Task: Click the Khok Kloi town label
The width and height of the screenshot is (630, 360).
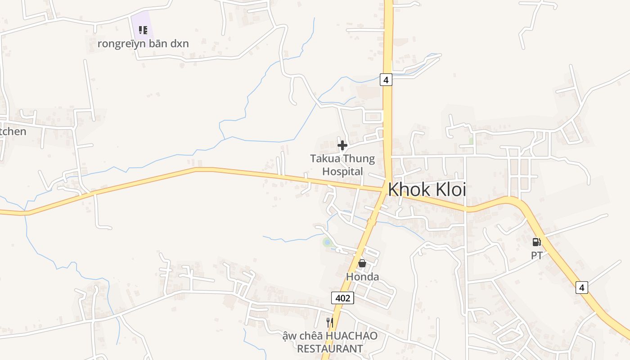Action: [x=427, y=189]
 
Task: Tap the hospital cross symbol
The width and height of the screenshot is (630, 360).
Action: [x=342, y=145]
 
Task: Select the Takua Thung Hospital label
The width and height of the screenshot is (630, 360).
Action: [x=342, y=165]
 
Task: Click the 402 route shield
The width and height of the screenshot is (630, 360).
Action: [x=342, y=297]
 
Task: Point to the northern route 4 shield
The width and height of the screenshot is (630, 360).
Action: [x=386, y=80]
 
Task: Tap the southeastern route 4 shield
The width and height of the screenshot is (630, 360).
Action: [x=582, y=287]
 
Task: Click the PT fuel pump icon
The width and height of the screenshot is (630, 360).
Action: [x=536, y=242]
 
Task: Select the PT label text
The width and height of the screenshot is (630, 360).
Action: [x=536, y=256]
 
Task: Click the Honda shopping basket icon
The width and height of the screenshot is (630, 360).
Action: [x=362, y=263]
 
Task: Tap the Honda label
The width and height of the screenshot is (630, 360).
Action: [x=362, y=277]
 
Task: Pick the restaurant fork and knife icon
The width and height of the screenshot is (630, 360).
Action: [x=330, y=322]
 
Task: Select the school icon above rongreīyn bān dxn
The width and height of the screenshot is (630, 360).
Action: [x=143, y=30]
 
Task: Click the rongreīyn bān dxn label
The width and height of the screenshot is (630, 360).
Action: [x=143, y=44]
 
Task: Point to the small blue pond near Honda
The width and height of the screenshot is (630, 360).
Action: [x=327, y=243]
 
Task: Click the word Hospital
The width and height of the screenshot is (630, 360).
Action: [x=342, y=171]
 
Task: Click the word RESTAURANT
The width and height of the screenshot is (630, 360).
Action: [x=330, y=349]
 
